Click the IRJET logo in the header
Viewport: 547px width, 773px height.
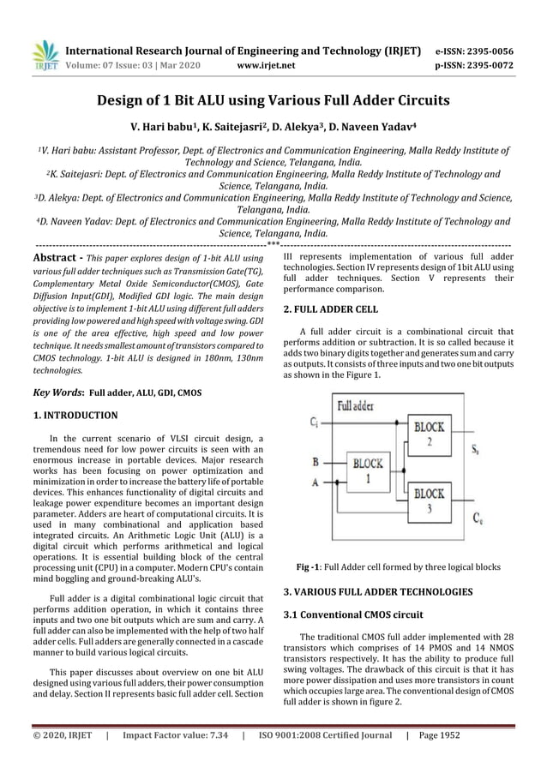click(x=45, y=53)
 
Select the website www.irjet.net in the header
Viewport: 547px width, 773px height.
click(x=266, y=64)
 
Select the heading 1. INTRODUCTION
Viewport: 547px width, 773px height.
click(x=75, y=416)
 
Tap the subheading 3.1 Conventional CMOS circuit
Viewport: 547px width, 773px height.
click(x=350, y=613)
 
